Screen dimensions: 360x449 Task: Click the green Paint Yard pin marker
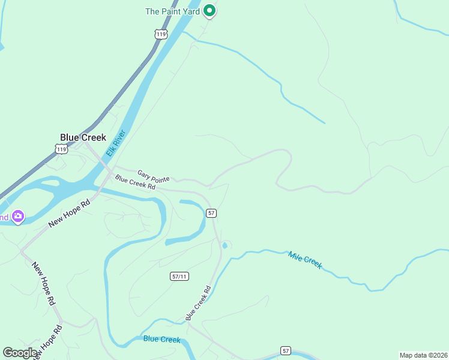coord(209,10)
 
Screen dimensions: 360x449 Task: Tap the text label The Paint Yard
coord(173,11)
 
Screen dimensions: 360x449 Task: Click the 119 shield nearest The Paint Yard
coord(160,34)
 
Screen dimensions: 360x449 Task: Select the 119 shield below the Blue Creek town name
coord(61,149)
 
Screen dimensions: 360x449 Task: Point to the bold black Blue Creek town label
coord(83,137)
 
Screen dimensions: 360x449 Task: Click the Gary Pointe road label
coord(153,176)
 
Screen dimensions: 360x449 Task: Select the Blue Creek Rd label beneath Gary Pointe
coord(135,182)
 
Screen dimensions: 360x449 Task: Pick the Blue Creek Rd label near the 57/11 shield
coord(198,302)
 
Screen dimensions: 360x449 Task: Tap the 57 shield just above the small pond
coord(211,213)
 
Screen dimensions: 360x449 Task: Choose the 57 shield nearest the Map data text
coord(286,350)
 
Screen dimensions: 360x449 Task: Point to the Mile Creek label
coord(305,260)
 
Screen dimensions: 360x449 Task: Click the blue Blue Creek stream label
coord(161,340)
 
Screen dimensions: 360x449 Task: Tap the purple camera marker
coord(18,216)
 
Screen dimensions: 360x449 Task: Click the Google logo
coord(20,353)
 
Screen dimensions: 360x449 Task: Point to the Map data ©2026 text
coord(423,355)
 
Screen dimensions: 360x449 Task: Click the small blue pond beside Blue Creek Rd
coord(224,245)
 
